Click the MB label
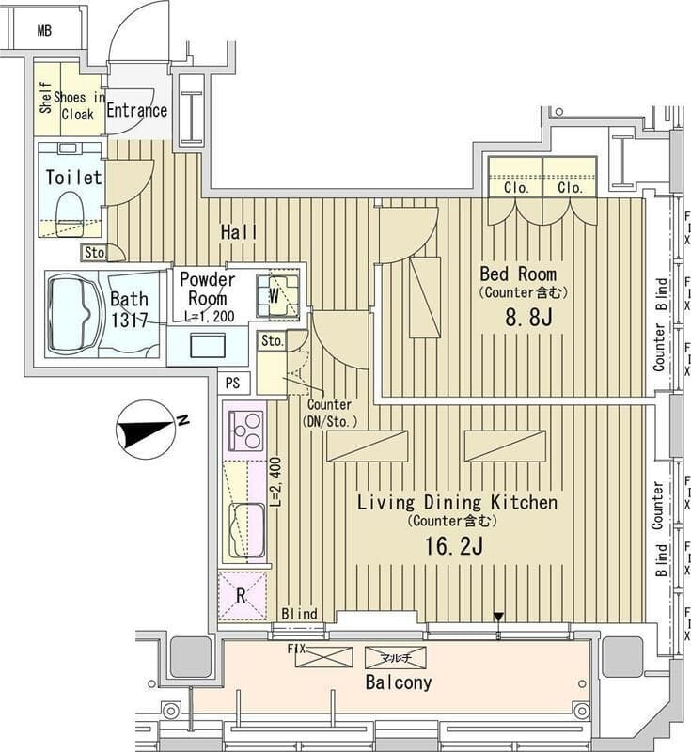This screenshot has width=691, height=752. tap(43, 30)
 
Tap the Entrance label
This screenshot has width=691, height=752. tap(136, 110)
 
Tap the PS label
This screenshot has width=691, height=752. tap(233, 383)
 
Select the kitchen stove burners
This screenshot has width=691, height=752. tap(245, 431)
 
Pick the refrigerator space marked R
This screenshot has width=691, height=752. tap(242, 595)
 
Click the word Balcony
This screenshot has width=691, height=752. tap(398, 682)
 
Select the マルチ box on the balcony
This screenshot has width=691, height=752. tap(395, 657)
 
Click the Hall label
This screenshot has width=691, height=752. tap(240, 231)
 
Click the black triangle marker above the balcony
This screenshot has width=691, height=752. tap(499, 618)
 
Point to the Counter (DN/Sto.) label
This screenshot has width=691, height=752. tap(329, 413)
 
